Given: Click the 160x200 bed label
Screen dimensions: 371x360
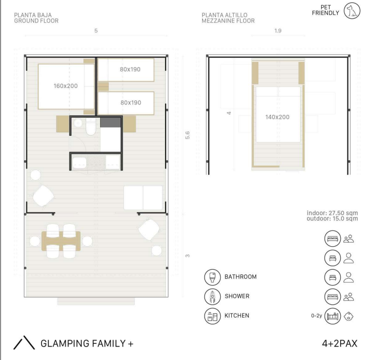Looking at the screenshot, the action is click(x=65, y=86).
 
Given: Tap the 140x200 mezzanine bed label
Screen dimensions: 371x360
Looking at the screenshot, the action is click(x=277, y=117).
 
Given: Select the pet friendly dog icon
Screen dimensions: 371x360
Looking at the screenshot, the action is click(x=352, y=11).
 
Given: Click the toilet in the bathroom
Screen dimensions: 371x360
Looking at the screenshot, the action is click(x=91, y=127).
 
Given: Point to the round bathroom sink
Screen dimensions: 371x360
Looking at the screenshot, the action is click(x=78, y=123).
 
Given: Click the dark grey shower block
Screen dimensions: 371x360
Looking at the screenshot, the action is click(x=110, y=123).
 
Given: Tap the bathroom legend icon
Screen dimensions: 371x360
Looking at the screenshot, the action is click(x=212, y=277).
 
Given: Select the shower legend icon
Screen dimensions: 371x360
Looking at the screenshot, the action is click(x=212, y=296).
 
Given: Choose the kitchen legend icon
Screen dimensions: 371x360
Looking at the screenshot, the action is click(x=212, y=316).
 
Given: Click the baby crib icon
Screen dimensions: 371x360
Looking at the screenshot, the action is click(x=332, y=316).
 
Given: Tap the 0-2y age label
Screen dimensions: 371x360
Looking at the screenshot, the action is click(x=316, y=316).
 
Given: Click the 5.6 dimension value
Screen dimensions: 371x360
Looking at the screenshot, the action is click(x=187, y=135).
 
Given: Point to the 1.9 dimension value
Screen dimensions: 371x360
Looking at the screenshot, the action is click(x=278, y=31).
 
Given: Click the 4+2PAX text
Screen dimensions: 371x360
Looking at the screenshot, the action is click(x=340, y=344).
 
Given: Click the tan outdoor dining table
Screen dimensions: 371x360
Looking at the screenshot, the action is click(x=61, y=241).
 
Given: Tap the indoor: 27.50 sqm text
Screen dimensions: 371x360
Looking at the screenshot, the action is click(x=332, y=213).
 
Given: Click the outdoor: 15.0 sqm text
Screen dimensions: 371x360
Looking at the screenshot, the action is click(x=332, y=218).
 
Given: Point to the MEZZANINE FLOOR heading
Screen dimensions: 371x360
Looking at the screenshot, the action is click(x=228, y=21).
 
